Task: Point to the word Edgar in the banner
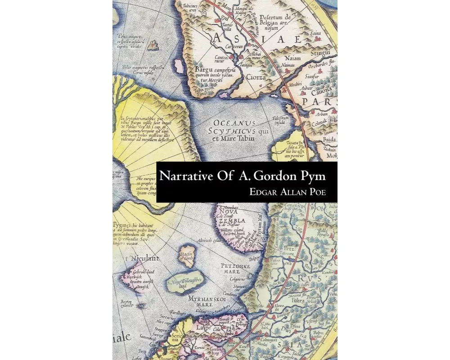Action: click(x=265, y=192)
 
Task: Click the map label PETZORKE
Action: click(x=235, y=266)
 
